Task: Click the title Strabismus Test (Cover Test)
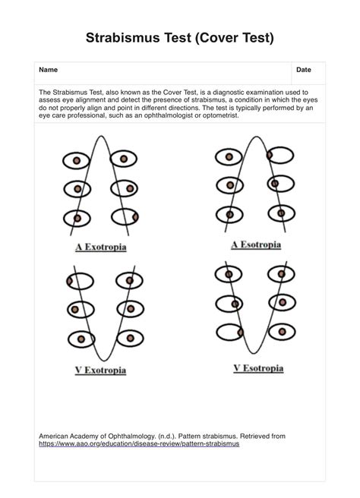(179, 37)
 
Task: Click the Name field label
(48, 70)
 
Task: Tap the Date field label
(304, 70)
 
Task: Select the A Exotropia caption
(100, 247)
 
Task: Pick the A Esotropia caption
(255, 244)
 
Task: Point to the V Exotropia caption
(100, 370)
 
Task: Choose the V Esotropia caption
(257, 368)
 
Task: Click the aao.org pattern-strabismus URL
(139, 443)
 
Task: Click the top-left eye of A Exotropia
(77, 160)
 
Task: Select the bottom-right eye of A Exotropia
(125, 217)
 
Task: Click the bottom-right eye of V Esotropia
(279, 331)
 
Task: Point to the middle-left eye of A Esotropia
(229, 184)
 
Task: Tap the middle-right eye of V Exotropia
(125, 309)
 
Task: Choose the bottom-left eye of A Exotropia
(77, 217)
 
